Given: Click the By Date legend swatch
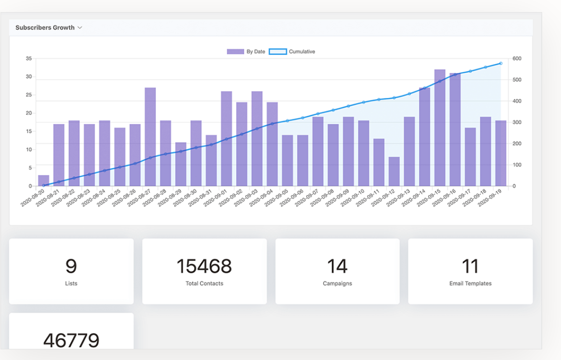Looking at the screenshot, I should click(x=235, y=52).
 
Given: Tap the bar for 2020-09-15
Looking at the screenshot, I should click(x=439, y=128).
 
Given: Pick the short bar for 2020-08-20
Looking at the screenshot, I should click(x=43, y=180).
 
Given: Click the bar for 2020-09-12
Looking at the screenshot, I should click(x=394, y=171).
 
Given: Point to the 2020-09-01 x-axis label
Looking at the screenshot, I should click(x=216, y=197).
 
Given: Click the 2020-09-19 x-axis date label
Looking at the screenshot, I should click(x=490, y=197).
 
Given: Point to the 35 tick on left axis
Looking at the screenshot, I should click(x=29, y=58).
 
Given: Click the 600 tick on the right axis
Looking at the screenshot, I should click(x=517, y=58).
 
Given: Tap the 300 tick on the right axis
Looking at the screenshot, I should click(x=517, y=122).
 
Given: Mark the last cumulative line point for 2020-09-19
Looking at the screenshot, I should click(x=501, y=63).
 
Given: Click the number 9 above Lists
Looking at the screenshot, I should click(x=71, y=266).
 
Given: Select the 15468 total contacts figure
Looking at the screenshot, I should click(x=204, y=266).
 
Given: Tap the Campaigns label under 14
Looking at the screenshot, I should click(x=337, y=284).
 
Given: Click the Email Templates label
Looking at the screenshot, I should click(x=470, y=284).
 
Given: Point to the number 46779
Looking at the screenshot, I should click(x=71, y=340).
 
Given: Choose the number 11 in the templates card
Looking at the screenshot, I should click(x=470, y=266).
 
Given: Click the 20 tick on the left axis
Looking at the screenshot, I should click(x=29, y=113).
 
